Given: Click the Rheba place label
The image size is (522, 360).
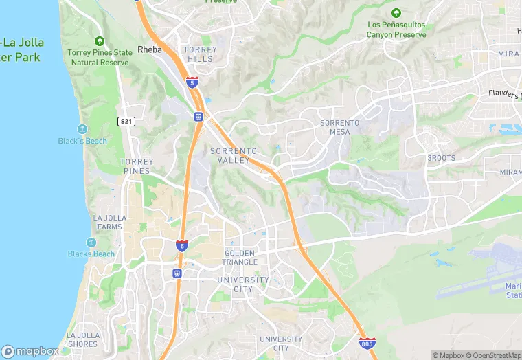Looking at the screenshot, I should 149,49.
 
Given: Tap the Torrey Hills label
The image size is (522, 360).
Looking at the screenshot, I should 200,54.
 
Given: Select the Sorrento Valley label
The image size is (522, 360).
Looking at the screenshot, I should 234,155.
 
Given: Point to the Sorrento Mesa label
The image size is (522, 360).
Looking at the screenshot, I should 339,127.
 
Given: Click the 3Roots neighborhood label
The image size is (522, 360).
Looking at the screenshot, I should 441,157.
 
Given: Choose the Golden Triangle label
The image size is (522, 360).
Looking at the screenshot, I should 240,258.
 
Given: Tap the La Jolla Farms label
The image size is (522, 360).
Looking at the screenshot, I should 107,222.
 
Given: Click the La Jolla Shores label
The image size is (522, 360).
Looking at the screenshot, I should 82,339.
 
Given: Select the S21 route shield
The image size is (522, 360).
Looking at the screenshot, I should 126,122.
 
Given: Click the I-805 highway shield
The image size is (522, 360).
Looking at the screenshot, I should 367,341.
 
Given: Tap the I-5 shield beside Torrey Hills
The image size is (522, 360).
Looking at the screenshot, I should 192,82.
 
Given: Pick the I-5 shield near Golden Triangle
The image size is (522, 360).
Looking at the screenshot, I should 181,245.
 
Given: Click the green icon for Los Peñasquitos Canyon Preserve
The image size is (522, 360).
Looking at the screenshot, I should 396,13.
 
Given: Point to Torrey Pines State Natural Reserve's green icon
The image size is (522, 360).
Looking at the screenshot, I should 100,41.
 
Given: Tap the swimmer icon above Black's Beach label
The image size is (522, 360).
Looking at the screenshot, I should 82,129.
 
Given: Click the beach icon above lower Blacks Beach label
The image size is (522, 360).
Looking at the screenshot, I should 91,243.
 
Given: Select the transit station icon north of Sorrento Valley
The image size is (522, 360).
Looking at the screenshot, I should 198,117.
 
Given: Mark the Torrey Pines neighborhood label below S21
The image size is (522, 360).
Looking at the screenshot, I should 137,166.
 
